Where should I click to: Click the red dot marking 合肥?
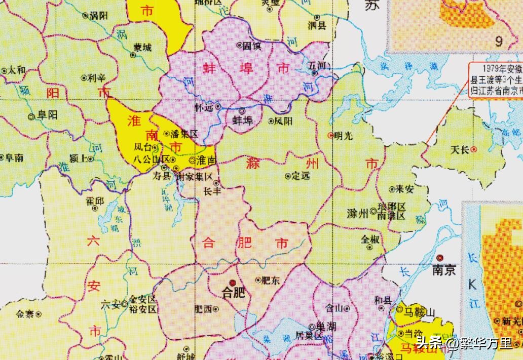(x=232, y=282)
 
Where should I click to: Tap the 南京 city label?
(x=443, y=270)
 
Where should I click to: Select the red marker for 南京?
(x=440, y=258)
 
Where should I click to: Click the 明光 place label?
(x=343, y=135)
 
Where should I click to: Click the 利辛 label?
(x=96, y=78)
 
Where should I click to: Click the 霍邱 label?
(x=94, y=201)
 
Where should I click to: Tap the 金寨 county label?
(x=25, y=314)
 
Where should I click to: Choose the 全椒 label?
(x=370, y=239)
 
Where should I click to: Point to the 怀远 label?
(x=204, y=107)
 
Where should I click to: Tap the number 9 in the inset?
(x=499, y=40)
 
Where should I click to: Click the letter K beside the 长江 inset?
(x=472, y=284)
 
